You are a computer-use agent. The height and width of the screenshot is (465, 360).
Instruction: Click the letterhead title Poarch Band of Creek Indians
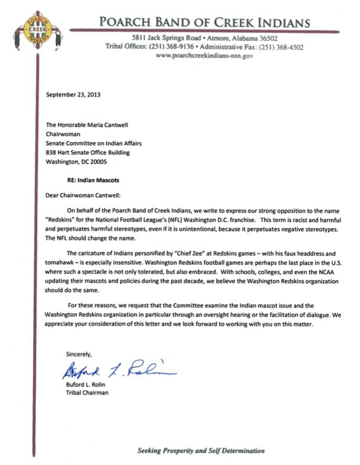point(205,23)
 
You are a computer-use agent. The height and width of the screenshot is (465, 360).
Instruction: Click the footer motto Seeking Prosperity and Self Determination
point(201,451)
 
